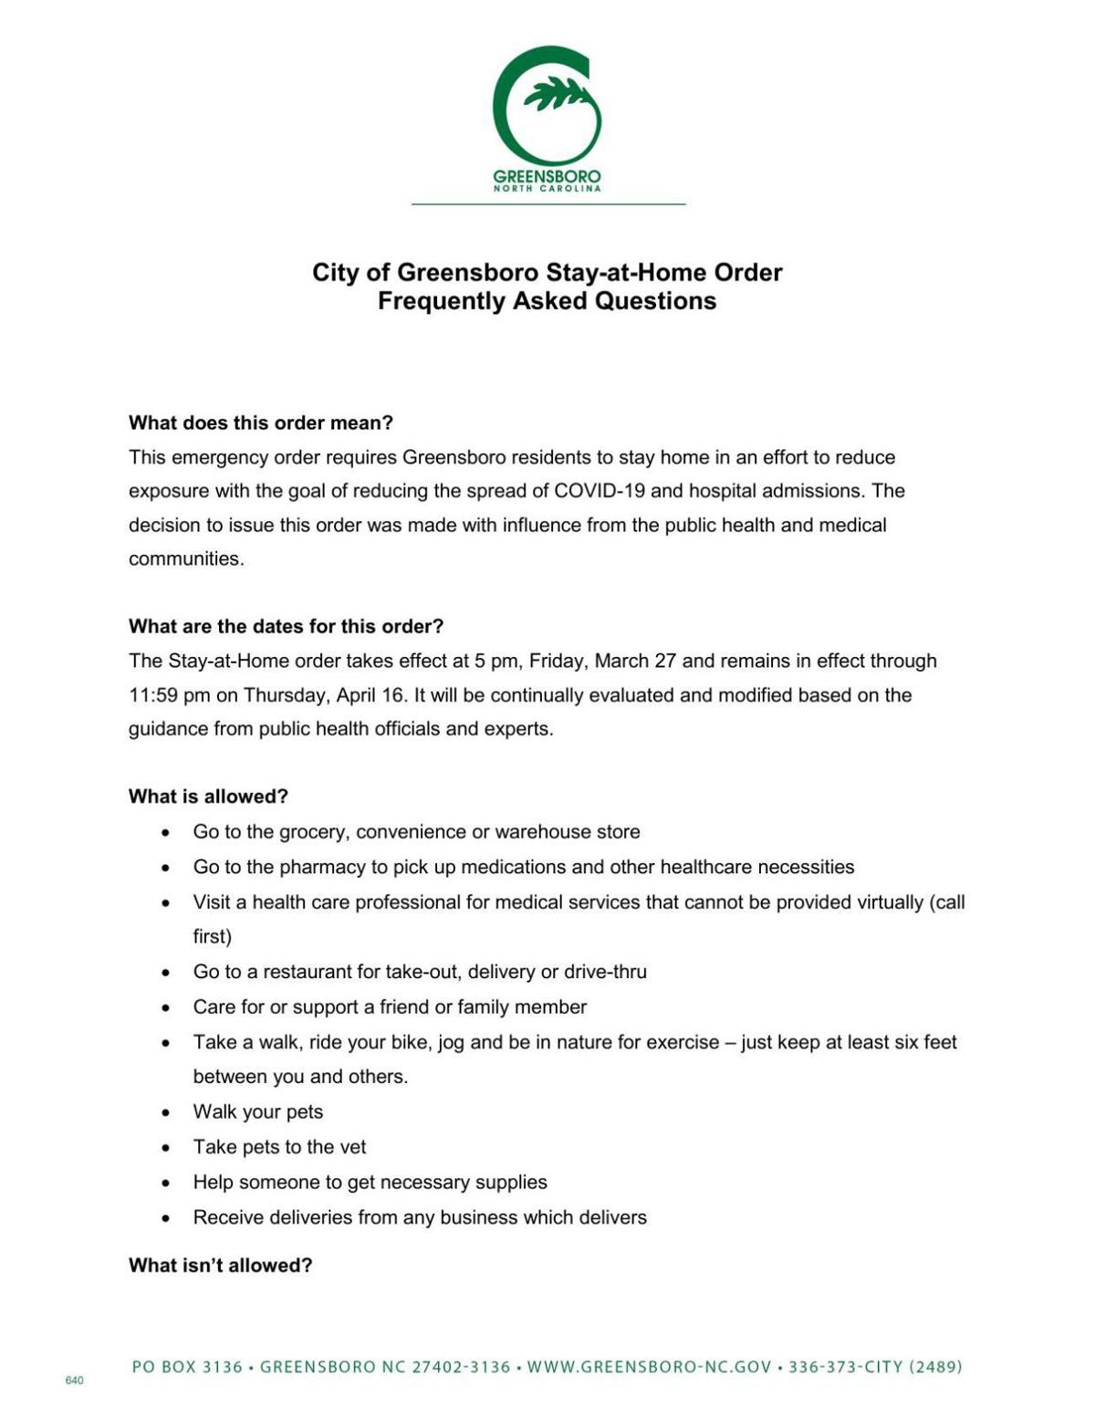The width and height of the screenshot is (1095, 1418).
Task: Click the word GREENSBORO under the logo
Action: pyautogui.click(x=547, y=176)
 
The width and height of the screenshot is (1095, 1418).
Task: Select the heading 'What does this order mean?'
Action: pyautogui.click(x=261, y=423)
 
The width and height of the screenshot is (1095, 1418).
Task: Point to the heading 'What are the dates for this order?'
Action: pyautogui.click(x=286, y=627)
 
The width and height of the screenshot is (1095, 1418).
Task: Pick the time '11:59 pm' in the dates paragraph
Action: pyautogui.click(x=169, y=695)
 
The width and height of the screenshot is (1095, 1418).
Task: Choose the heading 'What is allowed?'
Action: pyautogui.click(x=208, y=797)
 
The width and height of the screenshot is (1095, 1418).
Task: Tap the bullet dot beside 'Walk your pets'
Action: pyautogui.click(x=165, y=1112)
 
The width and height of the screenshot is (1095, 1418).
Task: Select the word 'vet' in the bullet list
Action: pyautogui.click(x=352, y=1147)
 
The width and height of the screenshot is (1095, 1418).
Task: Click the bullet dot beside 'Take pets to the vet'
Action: pyautogui.click(x=165, y=1148)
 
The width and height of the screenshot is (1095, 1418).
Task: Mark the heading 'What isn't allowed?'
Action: pyautogui.click(x=220, y=1266)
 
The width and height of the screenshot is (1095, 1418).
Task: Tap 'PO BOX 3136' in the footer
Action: pyautogui.click(x=187, y=1367)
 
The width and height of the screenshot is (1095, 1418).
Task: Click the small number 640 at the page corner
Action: pyautogui.click(x=75, y=1381)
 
